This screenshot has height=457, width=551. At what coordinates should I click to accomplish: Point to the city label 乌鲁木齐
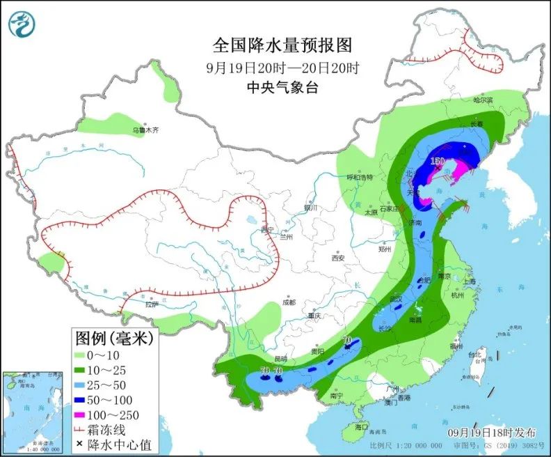coord(146,130)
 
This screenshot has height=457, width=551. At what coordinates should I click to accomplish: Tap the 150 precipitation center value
coord(437,162)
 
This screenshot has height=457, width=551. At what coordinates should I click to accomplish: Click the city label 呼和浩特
coord(360,178)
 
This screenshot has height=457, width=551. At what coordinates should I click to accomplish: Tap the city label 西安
coord(338,258)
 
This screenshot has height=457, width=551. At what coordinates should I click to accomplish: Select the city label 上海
coord(468,281)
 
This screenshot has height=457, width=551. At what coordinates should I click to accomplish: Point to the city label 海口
coord(360,426)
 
